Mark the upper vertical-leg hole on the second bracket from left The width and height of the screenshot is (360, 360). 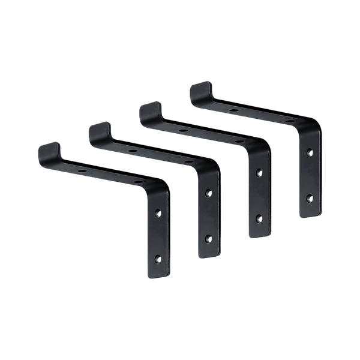[208, 194]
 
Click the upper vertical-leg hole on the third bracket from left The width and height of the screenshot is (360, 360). [259, 173]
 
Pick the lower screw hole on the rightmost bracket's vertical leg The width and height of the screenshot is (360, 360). [309, 196]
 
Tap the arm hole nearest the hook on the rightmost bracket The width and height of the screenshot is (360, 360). [232, 110]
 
